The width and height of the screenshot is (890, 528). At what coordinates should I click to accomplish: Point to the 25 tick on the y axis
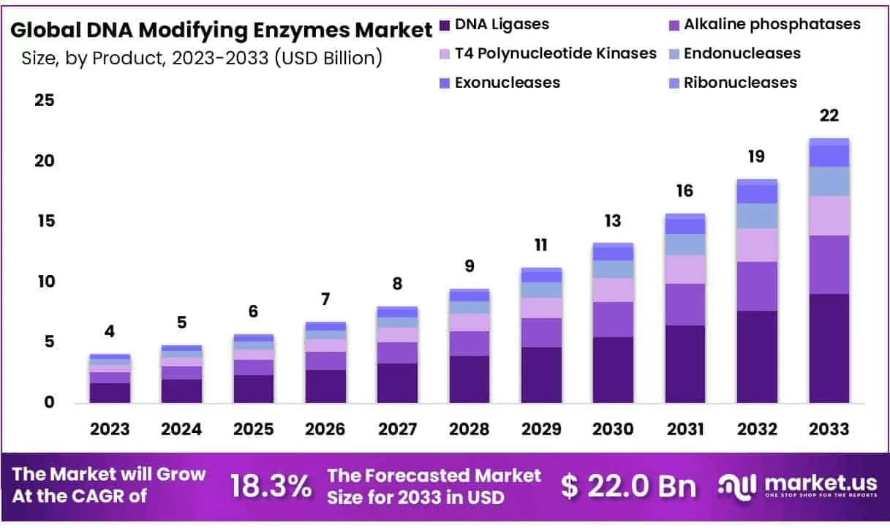tap(45, 100)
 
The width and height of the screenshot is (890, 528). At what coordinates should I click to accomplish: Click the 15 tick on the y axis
tap(45, 222)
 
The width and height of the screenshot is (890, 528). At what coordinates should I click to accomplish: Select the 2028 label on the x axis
tap(469, 429)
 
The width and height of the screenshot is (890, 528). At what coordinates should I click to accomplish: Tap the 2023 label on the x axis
tap(110, 429)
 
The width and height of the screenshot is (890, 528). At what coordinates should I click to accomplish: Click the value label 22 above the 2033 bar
tap(829, 116)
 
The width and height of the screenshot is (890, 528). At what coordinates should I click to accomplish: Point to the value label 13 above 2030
tap(613, 221)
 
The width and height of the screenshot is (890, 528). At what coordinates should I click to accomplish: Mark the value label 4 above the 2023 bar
tap(110, 331)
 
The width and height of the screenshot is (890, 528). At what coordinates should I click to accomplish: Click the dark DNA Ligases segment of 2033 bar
tap(829, 348)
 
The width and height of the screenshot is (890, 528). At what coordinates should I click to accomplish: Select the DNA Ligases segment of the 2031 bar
tap(685, 364)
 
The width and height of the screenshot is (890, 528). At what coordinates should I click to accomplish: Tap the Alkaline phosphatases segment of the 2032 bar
tap(757, 286)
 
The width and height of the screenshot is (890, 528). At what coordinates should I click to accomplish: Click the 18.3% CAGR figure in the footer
tap(271, 486)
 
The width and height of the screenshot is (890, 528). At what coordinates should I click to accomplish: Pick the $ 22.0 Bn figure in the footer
tap(629, 486)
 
